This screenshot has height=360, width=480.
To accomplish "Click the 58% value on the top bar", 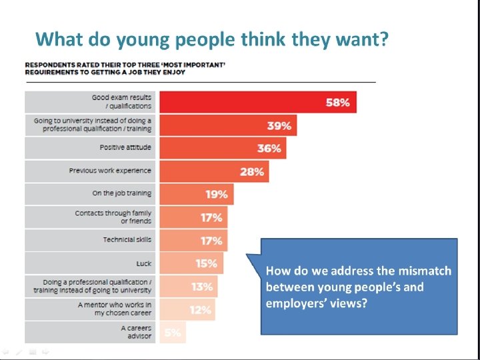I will tap(337, 103).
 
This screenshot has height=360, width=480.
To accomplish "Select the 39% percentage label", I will tap(278, 125).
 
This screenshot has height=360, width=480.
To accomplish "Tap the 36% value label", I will tap(269, 148).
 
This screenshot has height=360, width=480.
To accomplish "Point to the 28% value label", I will tap(252, 171).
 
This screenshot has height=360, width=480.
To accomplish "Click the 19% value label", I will tap(217, 194).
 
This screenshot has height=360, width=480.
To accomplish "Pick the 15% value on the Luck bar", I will tap(206, 263).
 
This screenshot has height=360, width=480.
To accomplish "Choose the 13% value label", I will tap(202, 287).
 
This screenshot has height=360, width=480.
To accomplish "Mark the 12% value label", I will tap(200, 309).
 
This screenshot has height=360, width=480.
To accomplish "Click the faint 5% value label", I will tap(172, 332).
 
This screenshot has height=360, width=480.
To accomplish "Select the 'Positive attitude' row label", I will tap(125, 147).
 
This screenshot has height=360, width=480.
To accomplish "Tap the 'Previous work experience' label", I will tap(110, 171).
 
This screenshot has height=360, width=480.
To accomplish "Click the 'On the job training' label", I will tap(122, 193).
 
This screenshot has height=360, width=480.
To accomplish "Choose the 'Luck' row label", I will tap(143, 263).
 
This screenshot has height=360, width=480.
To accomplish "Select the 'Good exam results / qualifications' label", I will tap(121, 102).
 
